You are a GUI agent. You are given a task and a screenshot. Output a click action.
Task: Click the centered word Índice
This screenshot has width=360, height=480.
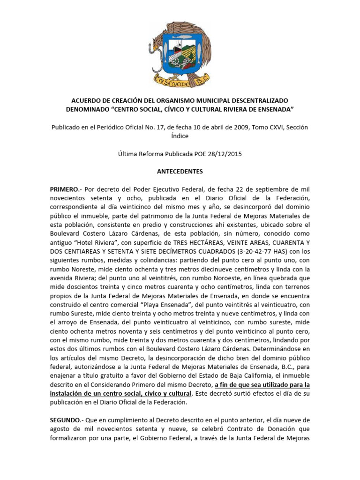pos(180,136)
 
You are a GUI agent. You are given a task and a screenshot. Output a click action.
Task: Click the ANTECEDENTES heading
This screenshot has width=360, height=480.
pos(180,172)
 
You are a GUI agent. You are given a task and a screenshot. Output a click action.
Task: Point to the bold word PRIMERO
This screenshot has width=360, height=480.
pos(64,189)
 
